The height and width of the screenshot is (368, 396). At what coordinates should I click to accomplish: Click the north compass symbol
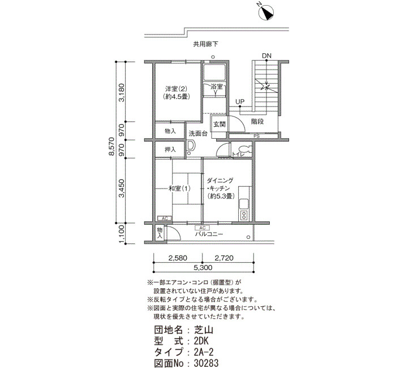pyautogui.click(x=266, y=12)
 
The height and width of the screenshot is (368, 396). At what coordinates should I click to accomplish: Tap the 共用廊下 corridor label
pyautogui.click(x=205, y=45)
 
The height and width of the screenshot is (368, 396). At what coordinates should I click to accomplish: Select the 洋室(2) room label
pyautogui.click(x=176, y=89)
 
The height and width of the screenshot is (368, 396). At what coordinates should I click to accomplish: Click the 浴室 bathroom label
pyautogui.click(x=217, y=87)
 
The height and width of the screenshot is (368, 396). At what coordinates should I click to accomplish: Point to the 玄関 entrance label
pyautogui.click(x=219, y=125)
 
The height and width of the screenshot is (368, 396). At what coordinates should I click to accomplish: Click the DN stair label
pyautogui.click(x=266, y=55)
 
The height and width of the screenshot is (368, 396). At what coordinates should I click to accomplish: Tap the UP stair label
pyautogui.click(x=240, y=101)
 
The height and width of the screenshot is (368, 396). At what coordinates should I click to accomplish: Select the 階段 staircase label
pyautogui.click(x=257, y=122)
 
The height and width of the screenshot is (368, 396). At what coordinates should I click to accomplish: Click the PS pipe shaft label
pyautogui.click(x=257, y=136)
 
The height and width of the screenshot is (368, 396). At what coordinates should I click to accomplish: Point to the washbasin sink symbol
pyautogui.click(x=191, y=146)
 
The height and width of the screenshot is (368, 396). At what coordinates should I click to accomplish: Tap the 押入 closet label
pyautogui.click(x=170, y=149)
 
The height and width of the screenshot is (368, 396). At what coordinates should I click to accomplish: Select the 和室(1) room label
pyautogui.click(x=179, y=189)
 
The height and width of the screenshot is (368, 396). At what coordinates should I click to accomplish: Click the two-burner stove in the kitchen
pyautogui.click(x=244, y=215)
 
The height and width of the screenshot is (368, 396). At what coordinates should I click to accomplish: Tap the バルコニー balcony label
pyautogui.click(x=209, y=234)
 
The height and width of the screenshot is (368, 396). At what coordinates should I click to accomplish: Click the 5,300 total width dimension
pyautogui.click(x=203, y=267)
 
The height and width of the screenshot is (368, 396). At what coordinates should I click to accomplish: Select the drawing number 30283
pyautogui.click(x=206, y=363)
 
